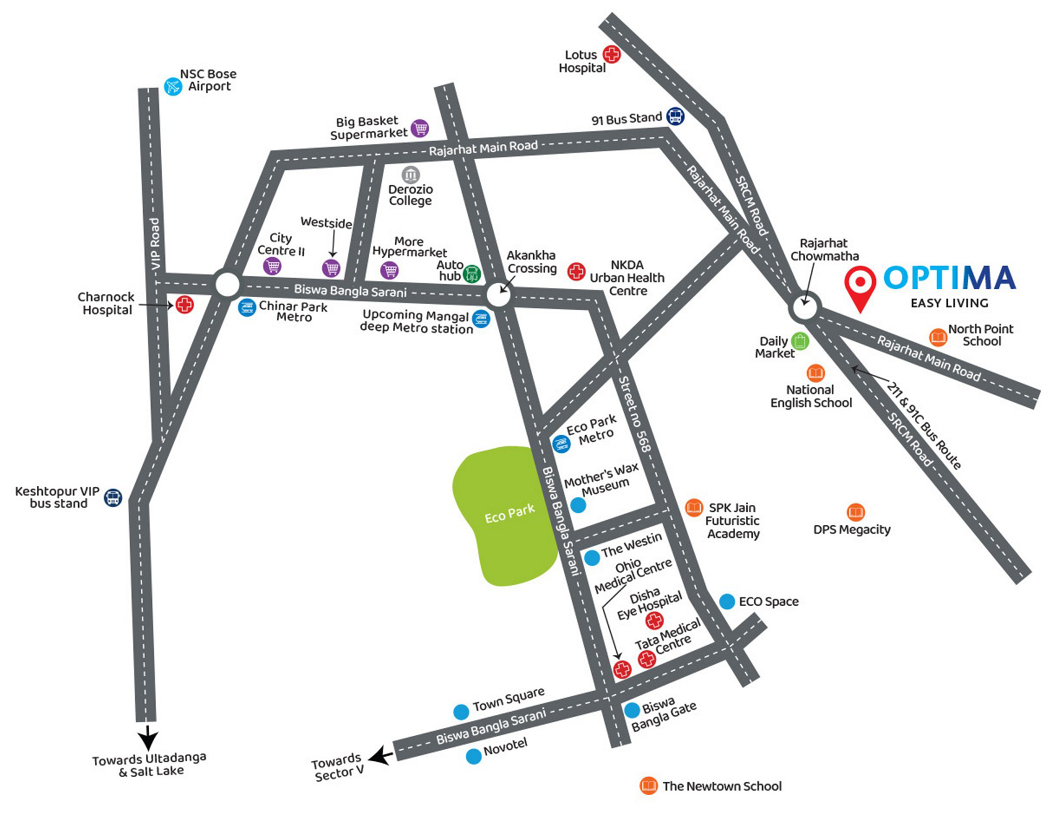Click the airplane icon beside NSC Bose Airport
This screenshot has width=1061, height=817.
[x=173, y=87]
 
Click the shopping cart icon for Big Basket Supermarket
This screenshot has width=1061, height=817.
[x=420, y=128]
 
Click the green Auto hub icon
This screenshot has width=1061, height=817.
[x=471, y=274]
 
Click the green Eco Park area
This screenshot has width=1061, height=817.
[x=505, y=515]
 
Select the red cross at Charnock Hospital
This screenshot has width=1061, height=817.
[x=184, y=305]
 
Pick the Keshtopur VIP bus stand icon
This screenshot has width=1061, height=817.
[x=113, y=498]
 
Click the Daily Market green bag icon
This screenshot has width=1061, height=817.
[x=800, y=341]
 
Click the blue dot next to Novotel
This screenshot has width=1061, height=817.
[x=473, y=756]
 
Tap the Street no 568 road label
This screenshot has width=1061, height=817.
[x=635, y=414]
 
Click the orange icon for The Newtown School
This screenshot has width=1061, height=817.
[x=648, y=786]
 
